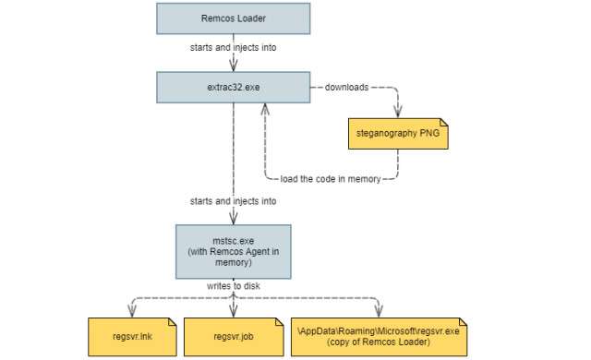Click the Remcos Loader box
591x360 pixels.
click(x=232, y=18)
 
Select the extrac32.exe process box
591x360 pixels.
click(x=232, y=88)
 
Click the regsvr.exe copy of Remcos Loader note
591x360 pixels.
click(x=380, y=334)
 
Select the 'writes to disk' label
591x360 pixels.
click(x=233, y=285)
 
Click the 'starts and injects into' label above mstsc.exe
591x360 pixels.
click(x=232, y=200)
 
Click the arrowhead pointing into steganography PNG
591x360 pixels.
click(x=397, y=113)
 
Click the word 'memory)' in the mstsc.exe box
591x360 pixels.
click(x=233, y=262)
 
